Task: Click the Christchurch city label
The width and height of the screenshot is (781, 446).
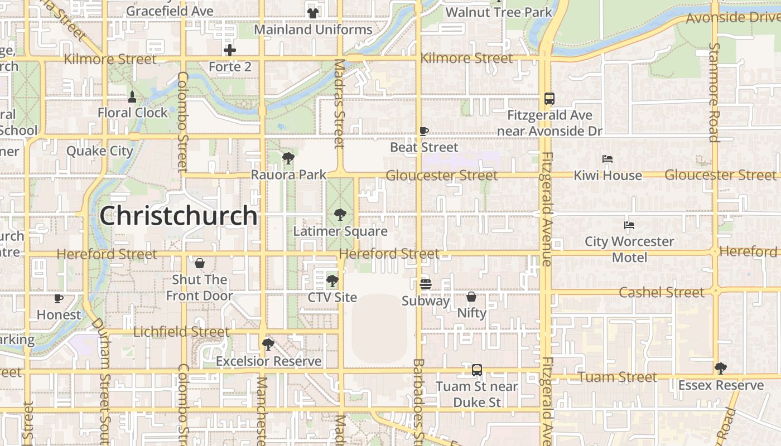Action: point(179,216)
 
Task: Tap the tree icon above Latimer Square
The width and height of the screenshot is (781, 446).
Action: point(340,215)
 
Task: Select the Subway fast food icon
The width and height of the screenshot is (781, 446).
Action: point(425,284)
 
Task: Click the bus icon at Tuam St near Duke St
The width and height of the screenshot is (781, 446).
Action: point(476,370)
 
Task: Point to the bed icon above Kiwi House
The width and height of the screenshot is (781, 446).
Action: point(608,159)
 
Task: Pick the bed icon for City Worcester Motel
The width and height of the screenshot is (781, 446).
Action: point(629,225)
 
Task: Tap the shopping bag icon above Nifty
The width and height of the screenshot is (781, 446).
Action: point(471,297)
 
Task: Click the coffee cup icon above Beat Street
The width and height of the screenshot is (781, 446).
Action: point(424,132)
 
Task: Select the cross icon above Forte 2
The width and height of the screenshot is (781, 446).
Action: point(230,50)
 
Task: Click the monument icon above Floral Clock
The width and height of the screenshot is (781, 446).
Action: point(132,96)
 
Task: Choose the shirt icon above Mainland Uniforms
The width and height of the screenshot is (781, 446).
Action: point(312,13)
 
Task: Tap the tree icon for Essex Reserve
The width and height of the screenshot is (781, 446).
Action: point(721,368)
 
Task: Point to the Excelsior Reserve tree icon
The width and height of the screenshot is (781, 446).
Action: point(268,345)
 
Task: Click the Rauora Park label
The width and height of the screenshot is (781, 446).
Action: point(288,174)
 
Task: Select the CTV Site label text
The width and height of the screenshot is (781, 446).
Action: point(332,297)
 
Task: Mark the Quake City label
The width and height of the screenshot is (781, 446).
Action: point(100,151)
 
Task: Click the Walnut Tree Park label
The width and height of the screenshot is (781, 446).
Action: point(499,12)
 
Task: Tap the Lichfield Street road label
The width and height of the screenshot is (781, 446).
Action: point(181,332)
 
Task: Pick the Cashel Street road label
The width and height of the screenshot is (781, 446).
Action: point(662,292)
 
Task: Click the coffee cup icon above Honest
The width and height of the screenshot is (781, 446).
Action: point(59,298)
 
